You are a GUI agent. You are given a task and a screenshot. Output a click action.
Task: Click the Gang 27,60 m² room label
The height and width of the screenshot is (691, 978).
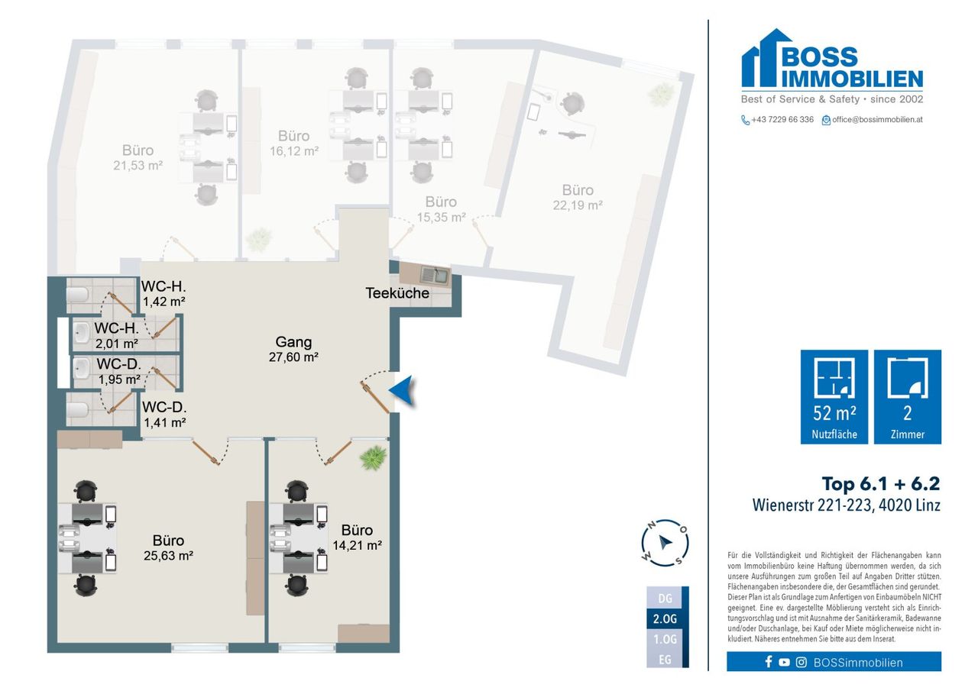293,350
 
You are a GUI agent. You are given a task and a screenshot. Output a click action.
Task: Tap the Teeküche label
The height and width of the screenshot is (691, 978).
397,293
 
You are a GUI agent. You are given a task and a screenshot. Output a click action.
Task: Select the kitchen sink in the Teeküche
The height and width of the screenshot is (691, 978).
435,276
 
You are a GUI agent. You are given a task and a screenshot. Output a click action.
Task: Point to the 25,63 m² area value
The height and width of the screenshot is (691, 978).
169,556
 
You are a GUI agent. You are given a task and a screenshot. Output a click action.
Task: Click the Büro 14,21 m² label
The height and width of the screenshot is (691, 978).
357,538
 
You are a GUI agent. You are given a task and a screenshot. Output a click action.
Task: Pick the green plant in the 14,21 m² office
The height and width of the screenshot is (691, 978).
374,457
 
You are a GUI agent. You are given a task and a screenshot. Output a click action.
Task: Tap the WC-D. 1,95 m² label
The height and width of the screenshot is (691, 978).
118,372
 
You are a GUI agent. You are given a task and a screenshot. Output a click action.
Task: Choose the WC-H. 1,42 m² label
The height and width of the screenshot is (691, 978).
164,294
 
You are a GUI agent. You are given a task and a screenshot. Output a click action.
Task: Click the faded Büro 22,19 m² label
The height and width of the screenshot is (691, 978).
578,198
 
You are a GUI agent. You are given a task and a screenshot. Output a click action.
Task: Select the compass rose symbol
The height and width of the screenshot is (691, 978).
665,543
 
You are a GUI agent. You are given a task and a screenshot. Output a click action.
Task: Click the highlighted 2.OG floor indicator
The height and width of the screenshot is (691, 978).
665,619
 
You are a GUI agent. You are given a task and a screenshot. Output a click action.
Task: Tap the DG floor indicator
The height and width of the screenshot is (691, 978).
665,598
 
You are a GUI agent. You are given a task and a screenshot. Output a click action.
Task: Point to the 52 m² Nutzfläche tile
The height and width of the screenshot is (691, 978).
834,396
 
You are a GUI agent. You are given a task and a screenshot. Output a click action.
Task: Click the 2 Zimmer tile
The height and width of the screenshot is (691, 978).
907,396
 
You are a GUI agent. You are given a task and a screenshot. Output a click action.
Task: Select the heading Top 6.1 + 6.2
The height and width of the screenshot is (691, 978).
881,484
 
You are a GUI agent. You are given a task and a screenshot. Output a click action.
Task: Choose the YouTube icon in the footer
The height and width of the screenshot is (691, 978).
784,662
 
